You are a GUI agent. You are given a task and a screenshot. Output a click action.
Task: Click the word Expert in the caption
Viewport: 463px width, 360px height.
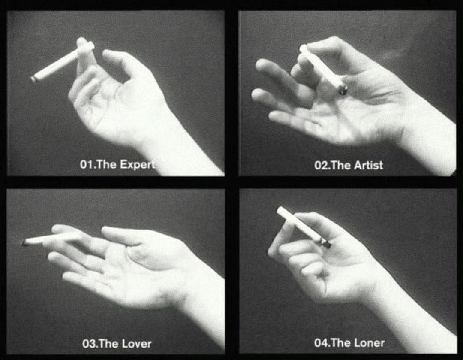[x=137, y=165]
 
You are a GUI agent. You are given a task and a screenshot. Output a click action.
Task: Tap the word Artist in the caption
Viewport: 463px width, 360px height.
[x=369, y=165]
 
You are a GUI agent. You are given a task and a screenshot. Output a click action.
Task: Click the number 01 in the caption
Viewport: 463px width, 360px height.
[x=86, y=165]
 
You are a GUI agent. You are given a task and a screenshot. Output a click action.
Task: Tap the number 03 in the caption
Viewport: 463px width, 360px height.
[x=89, y=344]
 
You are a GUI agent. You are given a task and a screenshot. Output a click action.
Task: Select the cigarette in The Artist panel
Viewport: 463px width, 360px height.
[x=323, y=70]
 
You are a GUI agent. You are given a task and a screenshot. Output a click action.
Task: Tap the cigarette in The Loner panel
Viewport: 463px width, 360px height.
[x=304, y=227]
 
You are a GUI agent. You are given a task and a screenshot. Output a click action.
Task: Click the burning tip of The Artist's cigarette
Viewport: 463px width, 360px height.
[x=343, y=90]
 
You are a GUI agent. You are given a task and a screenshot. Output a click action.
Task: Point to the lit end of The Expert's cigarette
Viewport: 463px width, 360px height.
[x=33, y=79]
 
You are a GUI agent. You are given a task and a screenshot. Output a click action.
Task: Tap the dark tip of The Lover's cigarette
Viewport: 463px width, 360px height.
[x=24, y=243]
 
